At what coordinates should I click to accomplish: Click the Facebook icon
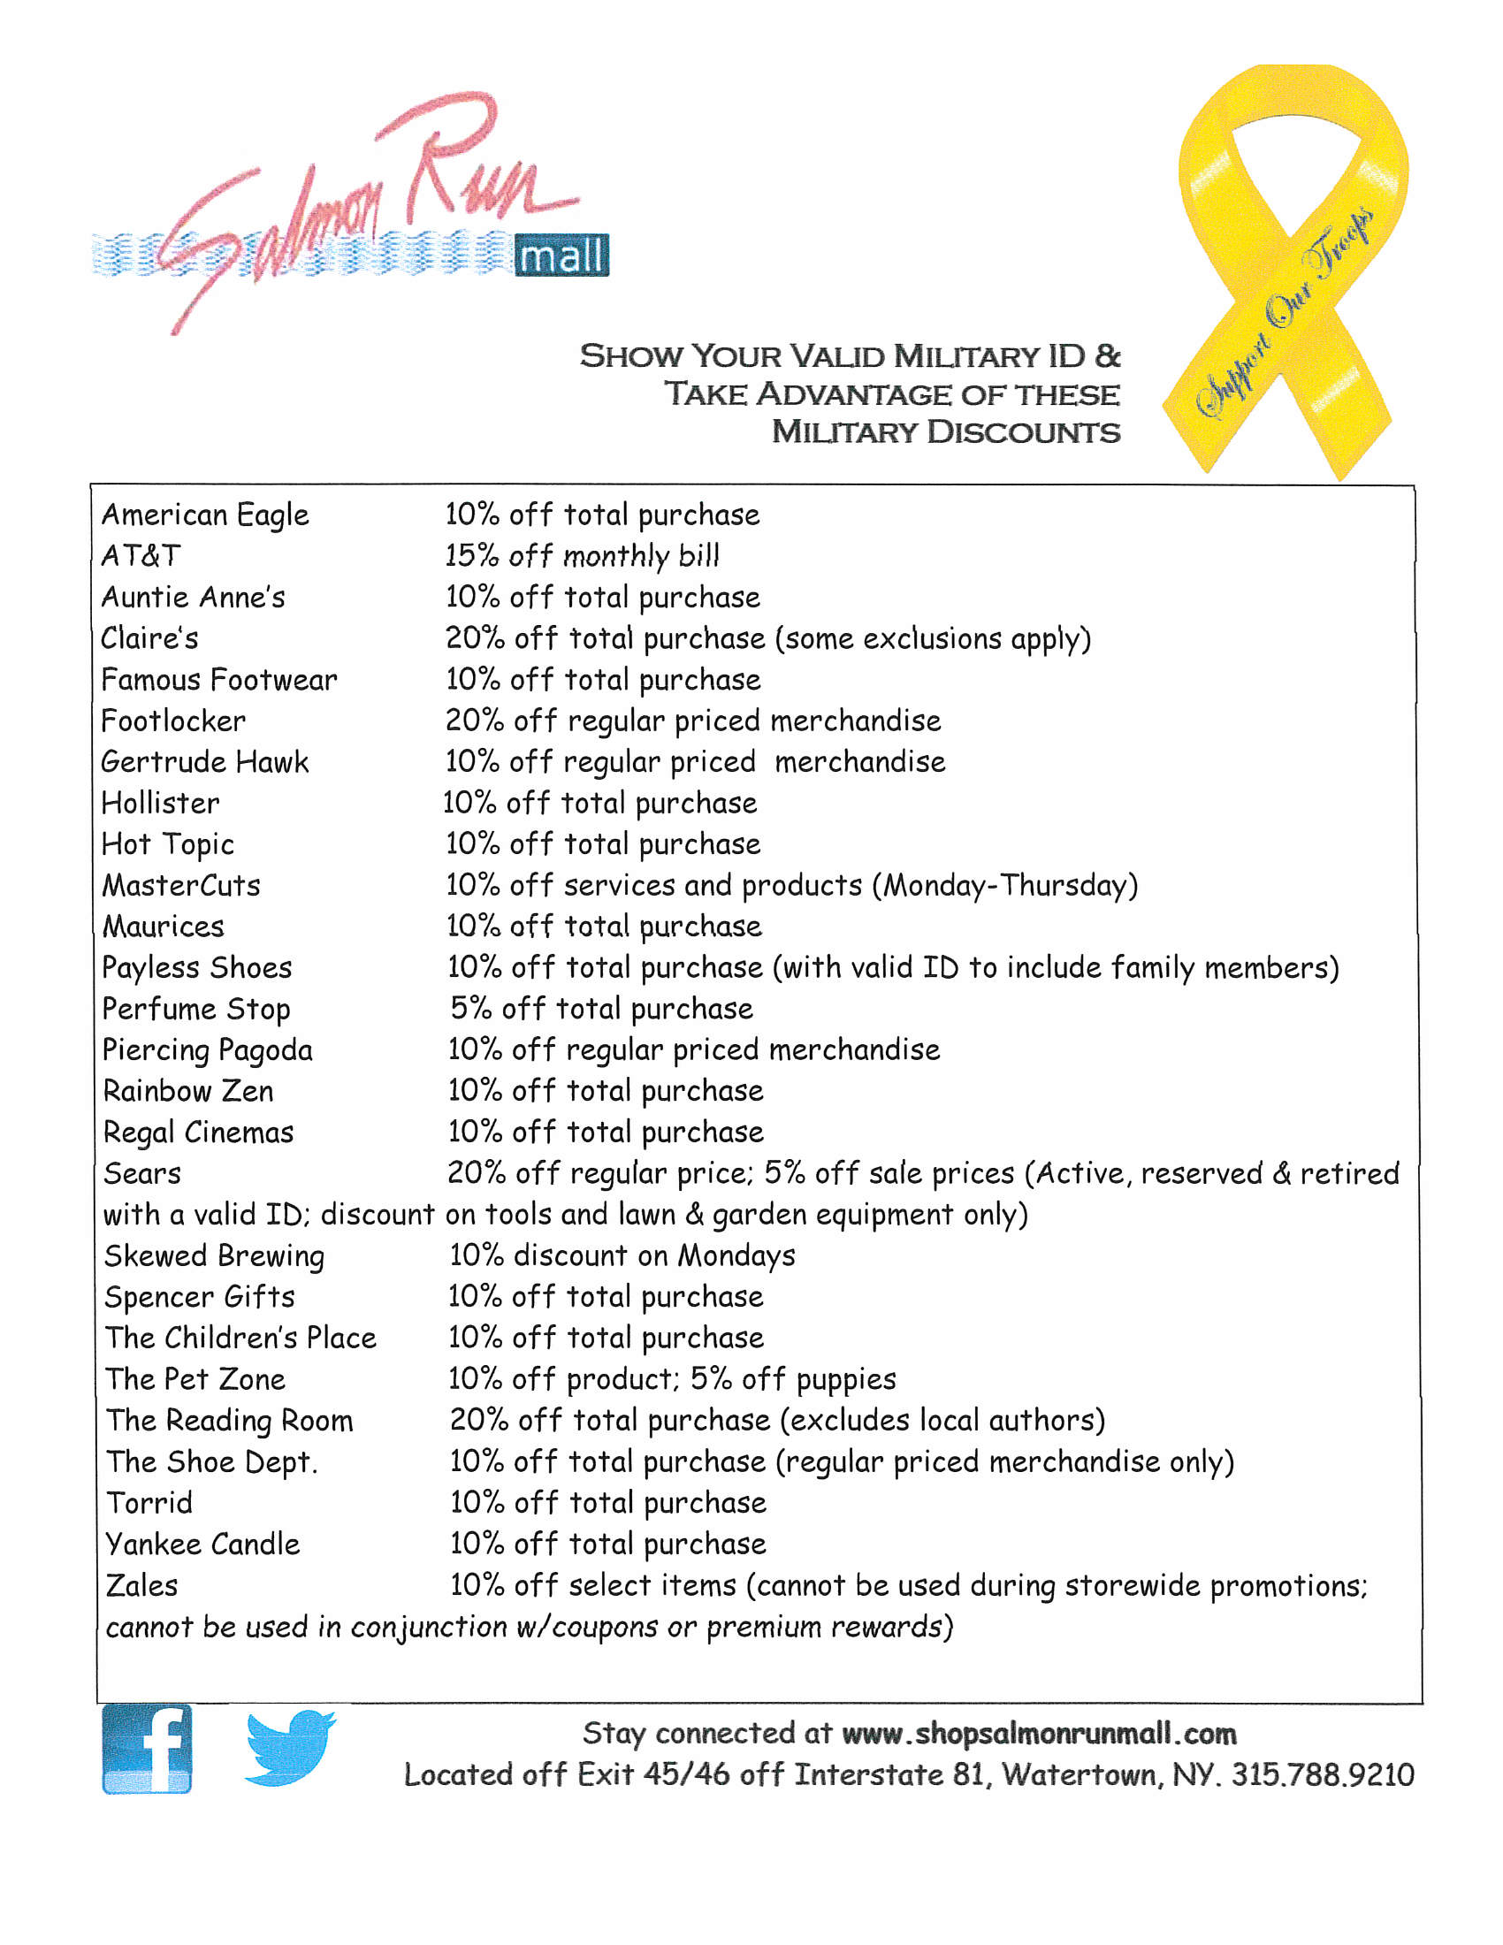point(147,1748)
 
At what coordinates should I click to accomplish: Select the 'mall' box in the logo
point(561,256)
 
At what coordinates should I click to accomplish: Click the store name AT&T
point(141,556)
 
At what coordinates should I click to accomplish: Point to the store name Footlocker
point(172,721)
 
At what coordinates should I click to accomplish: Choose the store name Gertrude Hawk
point(205,761)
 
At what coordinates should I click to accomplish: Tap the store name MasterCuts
point(181,885)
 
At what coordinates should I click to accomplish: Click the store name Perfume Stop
point(196,1009)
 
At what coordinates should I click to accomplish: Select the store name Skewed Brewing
point(215,1255)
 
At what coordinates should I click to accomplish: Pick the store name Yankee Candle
point(203,1545)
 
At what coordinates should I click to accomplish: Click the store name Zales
point(141,1585)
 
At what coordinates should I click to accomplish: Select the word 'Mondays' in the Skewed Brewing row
point(736,1255)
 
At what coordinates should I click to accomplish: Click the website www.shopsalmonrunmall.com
point(1038,1733)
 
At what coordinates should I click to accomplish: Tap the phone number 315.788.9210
point(1323,1775)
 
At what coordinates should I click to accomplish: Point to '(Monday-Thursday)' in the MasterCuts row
point(1004,885)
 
